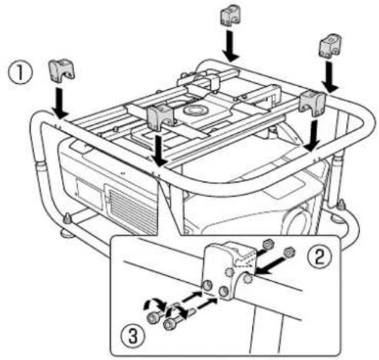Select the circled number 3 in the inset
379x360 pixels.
(132, 333)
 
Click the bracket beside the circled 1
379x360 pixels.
(61, 71)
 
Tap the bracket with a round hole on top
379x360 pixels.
(328, 48)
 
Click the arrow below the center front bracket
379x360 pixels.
(158, 150)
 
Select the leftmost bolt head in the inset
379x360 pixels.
(155, 316)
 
